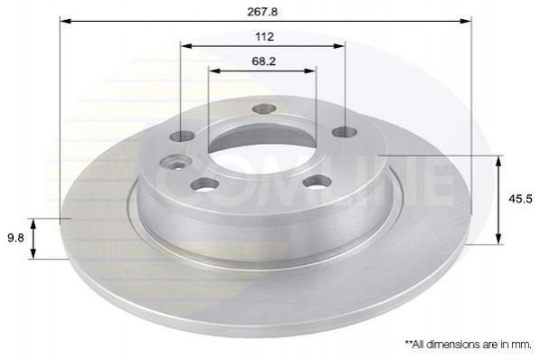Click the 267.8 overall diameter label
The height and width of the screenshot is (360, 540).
[262, 12]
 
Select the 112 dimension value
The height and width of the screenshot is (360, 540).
[264, 36]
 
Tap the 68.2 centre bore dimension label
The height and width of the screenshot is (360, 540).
[264, 62]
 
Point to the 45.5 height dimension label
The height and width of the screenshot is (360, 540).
[520, 199]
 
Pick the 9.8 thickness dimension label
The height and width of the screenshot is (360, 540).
[15, 238]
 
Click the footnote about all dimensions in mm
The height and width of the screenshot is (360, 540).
[468, 345]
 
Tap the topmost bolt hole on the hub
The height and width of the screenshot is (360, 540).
[264, 109]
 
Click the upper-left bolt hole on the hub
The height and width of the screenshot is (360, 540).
[182, 136]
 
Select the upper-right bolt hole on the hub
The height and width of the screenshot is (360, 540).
[344, 131]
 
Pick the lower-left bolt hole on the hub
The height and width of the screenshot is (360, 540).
[205, 185]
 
